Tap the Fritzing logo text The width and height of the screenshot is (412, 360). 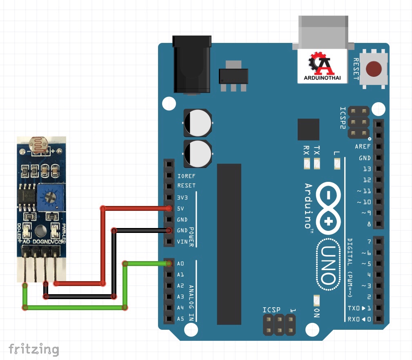(x=34, y=349)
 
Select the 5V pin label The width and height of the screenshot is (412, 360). (x=181, y=208)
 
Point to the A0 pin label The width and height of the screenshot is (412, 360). (x=181, y=264)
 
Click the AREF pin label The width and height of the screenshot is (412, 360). (x=363, y=147)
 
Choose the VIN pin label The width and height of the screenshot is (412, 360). (x=182, y=241)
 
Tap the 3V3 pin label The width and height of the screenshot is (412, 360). (x=182, y=197)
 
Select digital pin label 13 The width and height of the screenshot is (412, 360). (x=366, y=169)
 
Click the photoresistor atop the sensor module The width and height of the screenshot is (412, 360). (x=40, y=145)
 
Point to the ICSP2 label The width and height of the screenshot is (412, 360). (x=343, y=118)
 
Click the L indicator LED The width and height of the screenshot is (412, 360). (x=337, y=164)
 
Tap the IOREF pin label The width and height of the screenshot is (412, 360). (x=186, y=176)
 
